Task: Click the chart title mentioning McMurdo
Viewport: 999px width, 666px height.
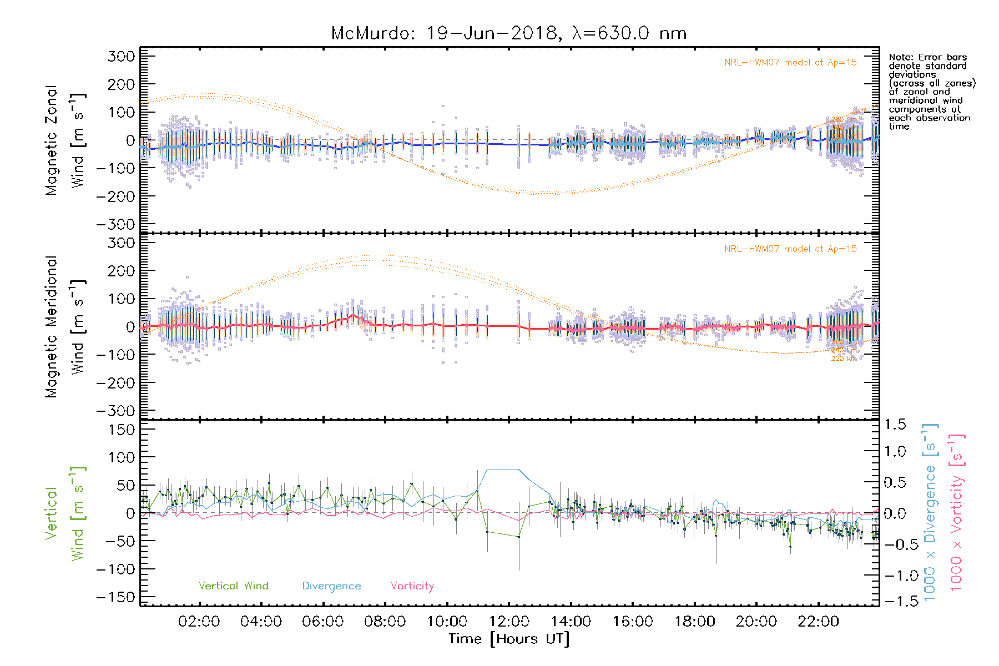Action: [x=508, y=33]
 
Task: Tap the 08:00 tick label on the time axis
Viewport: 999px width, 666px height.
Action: [x=385, y=622]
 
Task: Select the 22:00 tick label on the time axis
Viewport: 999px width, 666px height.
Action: [x=818, y=622]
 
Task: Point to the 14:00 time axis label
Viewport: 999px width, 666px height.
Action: [x=571, y=622]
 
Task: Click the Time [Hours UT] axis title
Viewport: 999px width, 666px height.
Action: [x=509, y=639]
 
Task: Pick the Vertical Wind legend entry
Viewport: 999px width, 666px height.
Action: [x=233, y=586]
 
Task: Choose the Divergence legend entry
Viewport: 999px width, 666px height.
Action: [x=331, y=586]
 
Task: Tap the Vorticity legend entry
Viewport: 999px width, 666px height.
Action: [x=412, y=586]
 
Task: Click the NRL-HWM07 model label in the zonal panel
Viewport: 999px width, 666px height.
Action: [x=790, y=63]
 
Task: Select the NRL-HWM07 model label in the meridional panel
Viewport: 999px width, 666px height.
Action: [x=790, y=249]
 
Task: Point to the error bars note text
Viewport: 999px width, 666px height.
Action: [x=931, y=92]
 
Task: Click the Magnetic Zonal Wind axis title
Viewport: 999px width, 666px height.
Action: [x=65, y=140]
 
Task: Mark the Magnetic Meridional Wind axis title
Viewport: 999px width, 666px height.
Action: [x=65, y=326]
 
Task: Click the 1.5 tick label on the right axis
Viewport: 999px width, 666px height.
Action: [x=895, y=425]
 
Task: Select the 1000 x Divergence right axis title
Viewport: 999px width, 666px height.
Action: [x=930, y=512]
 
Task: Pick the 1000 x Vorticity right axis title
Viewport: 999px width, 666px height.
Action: [x=957, y=512]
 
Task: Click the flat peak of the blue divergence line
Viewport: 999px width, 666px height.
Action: [x=503, y=470]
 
